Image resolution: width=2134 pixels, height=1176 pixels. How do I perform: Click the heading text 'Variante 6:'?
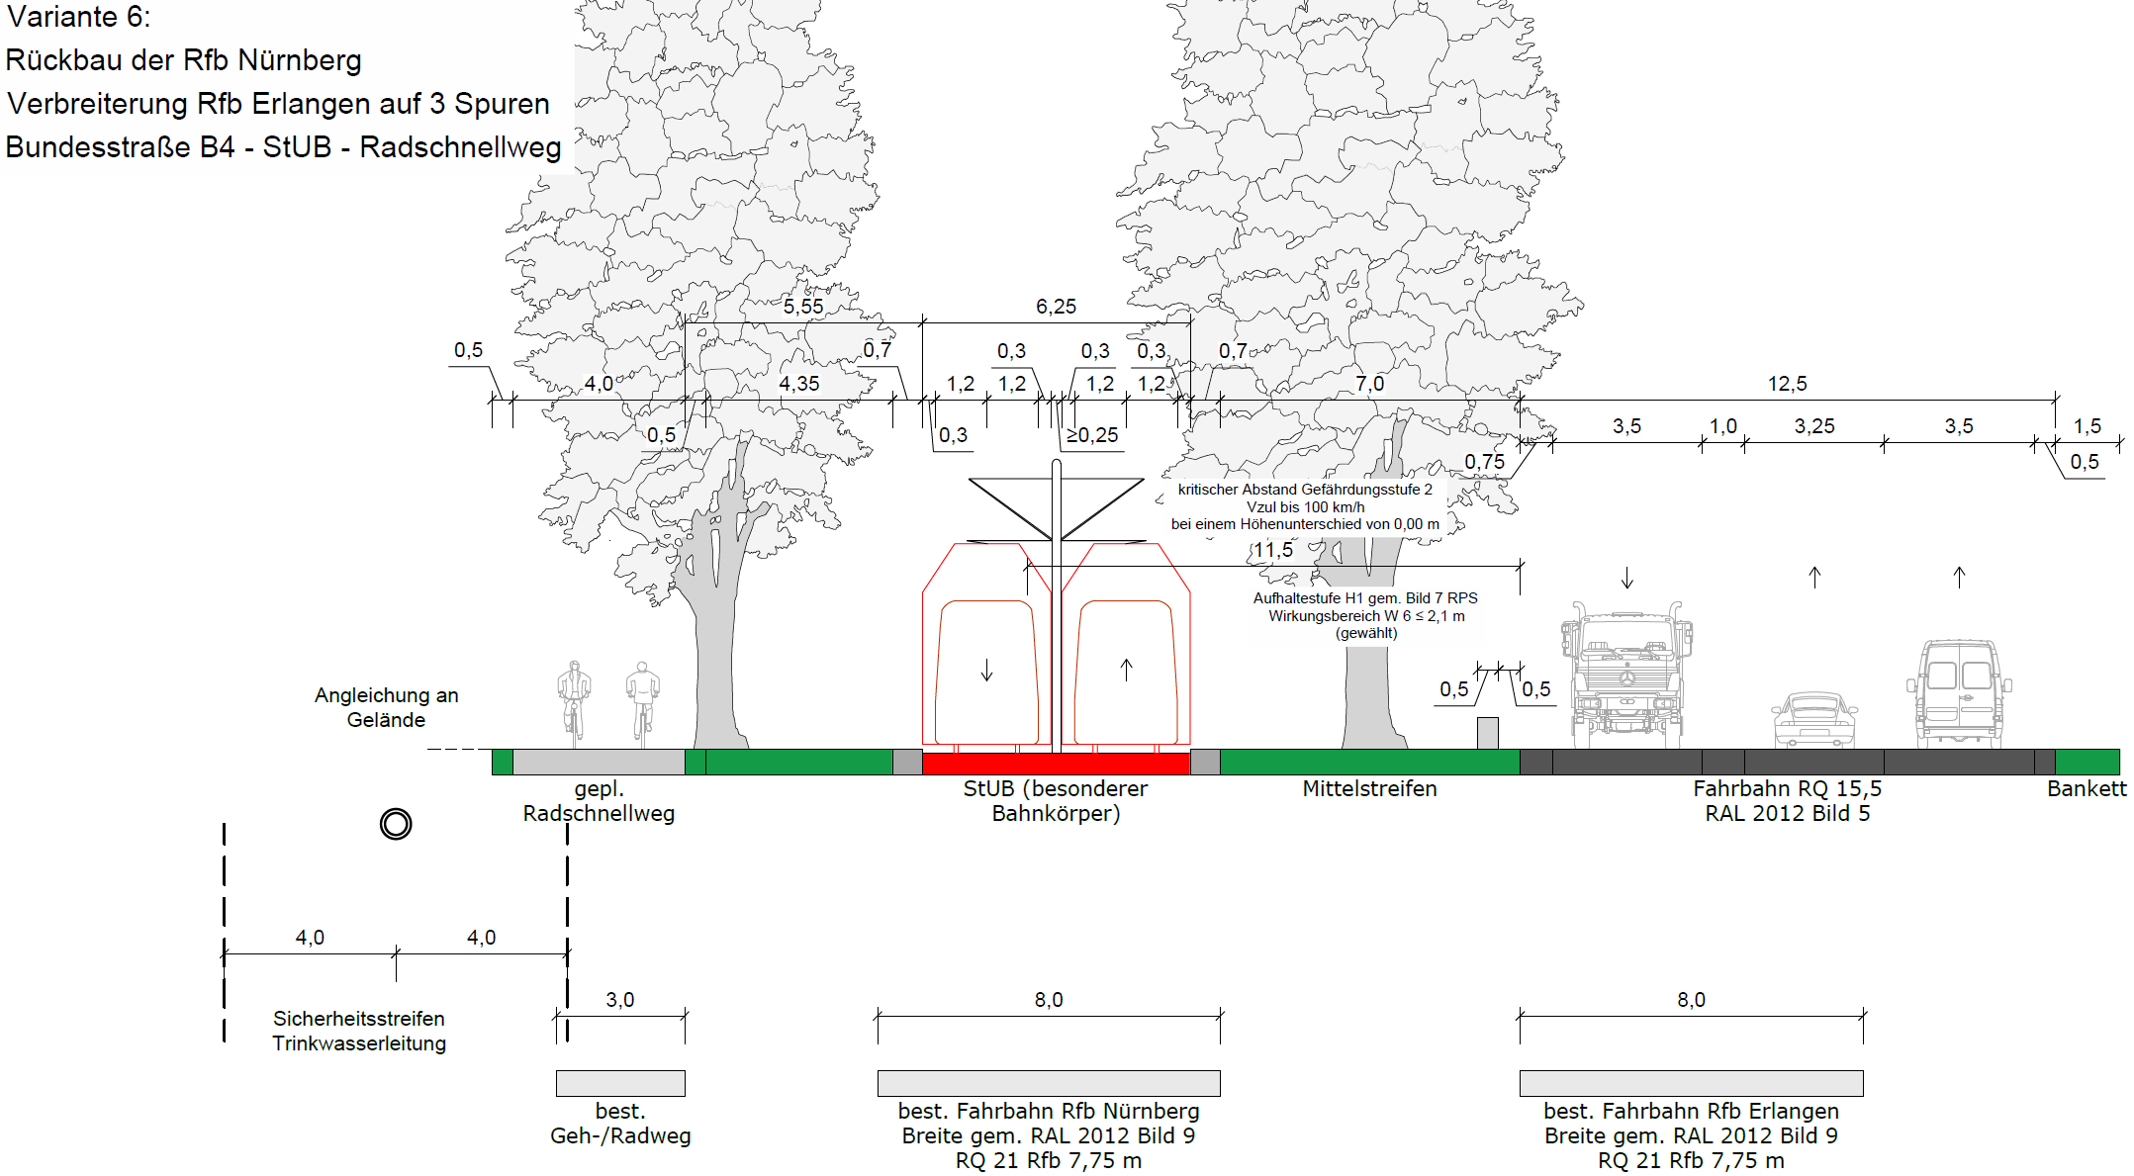click(79, 17)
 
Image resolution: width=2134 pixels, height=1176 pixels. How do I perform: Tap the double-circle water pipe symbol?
click(396, 824)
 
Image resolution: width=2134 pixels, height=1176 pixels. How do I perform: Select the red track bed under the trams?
click(1056, 763)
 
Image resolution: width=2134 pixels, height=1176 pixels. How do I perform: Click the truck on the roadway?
click(1626, 675)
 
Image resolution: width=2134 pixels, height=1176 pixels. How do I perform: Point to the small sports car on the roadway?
click(1814, 720)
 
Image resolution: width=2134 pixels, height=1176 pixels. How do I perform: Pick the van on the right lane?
click(1959, 693)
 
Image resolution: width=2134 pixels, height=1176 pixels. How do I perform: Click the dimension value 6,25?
click(1056, 307)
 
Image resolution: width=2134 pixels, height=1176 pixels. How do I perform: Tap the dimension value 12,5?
click(1787, 384)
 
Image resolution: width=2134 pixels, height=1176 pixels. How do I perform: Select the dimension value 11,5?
click(1273, 550)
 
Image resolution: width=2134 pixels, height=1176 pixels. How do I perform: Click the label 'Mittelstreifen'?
click(1369, 788)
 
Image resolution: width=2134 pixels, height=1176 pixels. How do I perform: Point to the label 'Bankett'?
click(2087, 788)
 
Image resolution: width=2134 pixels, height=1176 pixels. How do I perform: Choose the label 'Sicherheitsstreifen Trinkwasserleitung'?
click(359, 1031)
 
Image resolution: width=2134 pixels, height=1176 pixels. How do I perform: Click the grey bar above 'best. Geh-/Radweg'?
click(620, 1083)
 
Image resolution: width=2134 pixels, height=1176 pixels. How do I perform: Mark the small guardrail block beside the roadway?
click(1487, 733)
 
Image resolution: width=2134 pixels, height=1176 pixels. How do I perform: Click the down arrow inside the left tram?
click(986, 671)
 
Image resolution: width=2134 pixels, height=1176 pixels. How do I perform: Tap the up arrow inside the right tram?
click(1126, 670)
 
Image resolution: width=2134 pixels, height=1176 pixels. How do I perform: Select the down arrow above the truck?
click(1627, 578)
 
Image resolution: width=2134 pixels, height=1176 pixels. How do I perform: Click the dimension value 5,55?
click(803, 307)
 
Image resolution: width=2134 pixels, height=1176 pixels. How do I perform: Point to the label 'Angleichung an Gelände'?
click(387, 707)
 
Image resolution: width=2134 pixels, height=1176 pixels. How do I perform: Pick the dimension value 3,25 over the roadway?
click(1814, 426)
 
